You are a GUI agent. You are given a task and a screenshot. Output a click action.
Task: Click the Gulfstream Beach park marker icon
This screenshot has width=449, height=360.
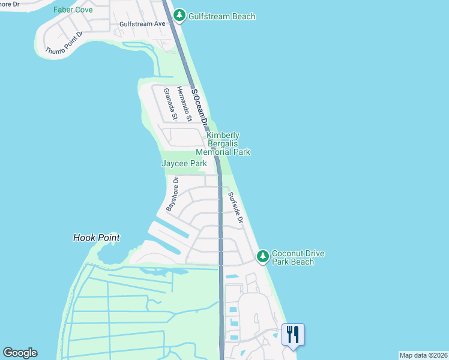(x=179, y=15)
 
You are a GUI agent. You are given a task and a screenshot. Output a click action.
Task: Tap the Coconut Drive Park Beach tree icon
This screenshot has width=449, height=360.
(x=262, y=257)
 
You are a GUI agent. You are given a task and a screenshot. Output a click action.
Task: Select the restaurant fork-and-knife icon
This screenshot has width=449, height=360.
(x=293, y=334)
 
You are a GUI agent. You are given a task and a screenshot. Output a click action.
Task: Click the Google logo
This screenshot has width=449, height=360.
(x=20, y=353)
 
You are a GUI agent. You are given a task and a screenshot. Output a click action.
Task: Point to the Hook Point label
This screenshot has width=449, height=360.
(x=96, y=238)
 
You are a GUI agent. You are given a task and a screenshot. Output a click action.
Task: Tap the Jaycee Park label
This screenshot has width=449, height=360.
(x=184, y=163)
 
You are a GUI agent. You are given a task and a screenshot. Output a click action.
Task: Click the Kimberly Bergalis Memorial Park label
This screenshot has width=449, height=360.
(x=223, y=143)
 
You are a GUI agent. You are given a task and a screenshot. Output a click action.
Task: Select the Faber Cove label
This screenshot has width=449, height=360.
(x=73, y=10)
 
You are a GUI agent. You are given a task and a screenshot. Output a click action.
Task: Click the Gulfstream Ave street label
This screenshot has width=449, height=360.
(x=142, y=23)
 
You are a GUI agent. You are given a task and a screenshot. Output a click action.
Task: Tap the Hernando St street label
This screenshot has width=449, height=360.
(x=188, y=104)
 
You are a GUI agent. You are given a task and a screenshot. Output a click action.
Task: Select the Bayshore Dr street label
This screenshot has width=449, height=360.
(x=172, y=193)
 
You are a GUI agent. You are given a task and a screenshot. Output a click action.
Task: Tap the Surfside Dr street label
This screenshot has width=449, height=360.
(x=235, y=208)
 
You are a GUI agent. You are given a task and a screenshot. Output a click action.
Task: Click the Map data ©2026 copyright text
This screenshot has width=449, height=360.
(x=424, y=355)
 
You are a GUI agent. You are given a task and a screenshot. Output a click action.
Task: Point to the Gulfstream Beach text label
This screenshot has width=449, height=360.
(x=221, y=16)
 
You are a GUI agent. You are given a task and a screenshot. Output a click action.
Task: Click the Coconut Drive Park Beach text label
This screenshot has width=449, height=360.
(x=298, y=257)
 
